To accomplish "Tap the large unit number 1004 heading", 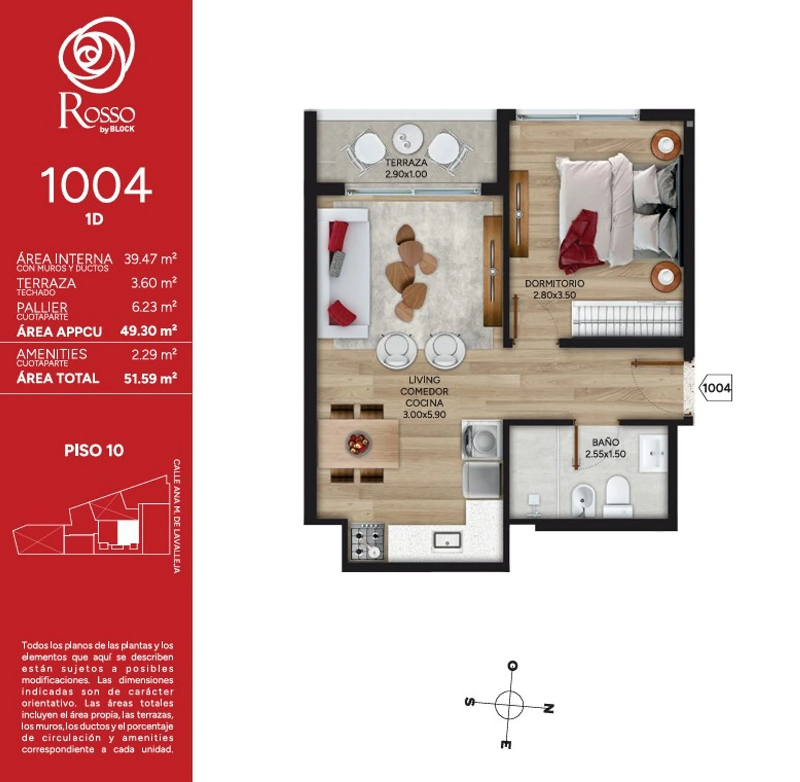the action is point(96,185).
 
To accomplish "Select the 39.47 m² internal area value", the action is point(150,259).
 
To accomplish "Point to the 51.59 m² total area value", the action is point(150,378).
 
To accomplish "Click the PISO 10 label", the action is point(94,451).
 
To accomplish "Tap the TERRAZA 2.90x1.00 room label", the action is point(406,168).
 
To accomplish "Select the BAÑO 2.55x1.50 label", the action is point(605,448).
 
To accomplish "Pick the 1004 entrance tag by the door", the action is point(715,388).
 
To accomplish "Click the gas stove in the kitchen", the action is point(367,541).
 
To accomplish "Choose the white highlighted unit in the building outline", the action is point(127,533).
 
